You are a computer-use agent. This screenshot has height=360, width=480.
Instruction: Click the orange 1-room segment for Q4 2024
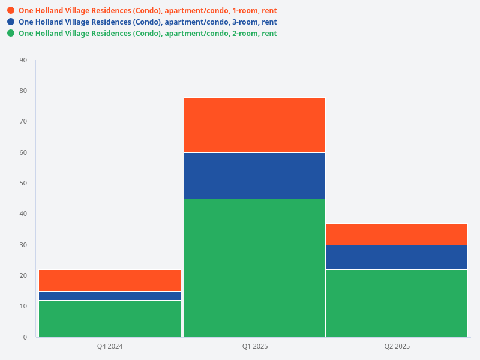(x=110, y=280)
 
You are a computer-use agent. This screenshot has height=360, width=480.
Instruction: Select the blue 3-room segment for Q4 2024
(x=110, y=296)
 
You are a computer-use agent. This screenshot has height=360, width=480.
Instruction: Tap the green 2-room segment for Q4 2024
(x=110, y=319)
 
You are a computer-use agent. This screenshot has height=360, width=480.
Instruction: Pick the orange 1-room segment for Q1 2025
(x=254, y=125)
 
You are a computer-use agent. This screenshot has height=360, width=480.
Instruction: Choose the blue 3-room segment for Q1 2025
(x=254, y=175)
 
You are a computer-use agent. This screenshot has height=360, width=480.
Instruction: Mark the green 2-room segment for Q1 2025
(x=254, y=268)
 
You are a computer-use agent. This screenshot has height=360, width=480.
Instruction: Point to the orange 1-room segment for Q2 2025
(x=397, y=234)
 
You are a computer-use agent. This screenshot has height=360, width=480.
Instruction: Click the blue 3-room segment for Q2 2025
(x=397, y=257)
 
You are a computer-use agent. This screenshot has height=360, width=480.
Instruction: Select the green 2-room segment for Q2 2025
(x=397, y=303)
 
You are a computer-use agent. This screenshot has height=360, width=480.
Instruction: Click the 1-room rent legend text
(x=148, y=11)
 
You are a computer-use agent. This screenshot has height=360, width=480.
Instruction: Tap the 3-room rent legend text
(x=148, y=22)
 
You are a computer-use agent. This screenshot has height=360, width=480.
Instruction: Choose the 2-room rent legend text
(x=148, y=34)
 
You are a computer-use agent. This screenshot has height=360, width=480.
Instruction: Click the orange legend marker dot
(x=11, y=11)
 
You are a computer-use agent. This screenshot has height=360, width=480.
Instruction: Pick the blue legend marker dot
(x=11, y=22)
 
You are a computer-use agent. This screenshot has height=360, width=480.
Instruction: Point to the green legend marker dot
(x=11, y=34)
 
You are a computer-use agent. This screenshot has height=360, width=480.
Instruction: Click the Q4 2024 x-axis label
(x=110, y=347)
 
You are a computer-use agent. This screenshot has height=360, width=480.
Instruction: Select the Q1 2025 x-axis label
(x=254, y=347)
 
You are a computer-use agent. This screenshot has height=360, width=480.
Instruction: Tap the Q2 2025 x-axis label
(x=397, y=347)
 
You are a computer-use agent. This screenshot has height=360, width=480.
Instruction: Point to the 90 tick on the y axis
(x=23, y=60)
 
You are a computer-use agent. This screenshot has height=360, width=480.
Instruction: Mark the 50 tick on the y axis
(x=23, y=183)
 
